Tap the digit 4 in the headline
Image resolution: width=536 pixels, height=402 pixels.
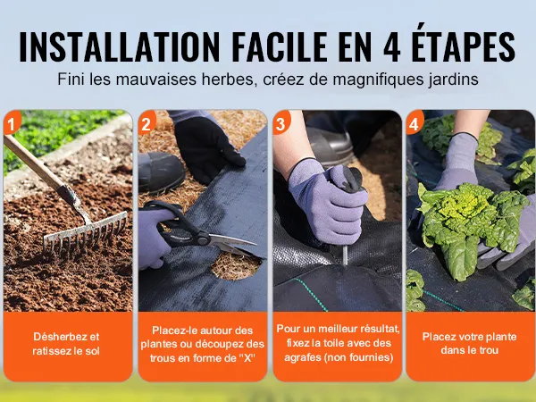pos(392,46)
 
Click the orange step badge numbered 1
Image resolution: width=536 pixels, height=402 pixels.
pos(12,122)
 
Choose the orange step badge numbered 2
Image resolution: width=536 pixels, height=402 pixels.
pos(147,122)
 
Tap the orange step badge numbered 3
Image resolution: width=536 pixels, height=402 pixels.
pos(281,122)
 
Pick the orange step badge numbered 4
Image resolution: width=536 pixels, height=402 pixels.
pos(415,122)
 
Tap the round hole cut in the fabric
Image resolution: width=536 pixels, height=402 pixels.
pos(236,266)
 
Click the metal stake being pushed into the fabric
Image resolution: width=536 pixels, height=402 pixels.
pos(345,255)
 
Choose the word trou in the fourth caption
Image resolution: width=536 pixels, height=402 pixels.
pos(490,350)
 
